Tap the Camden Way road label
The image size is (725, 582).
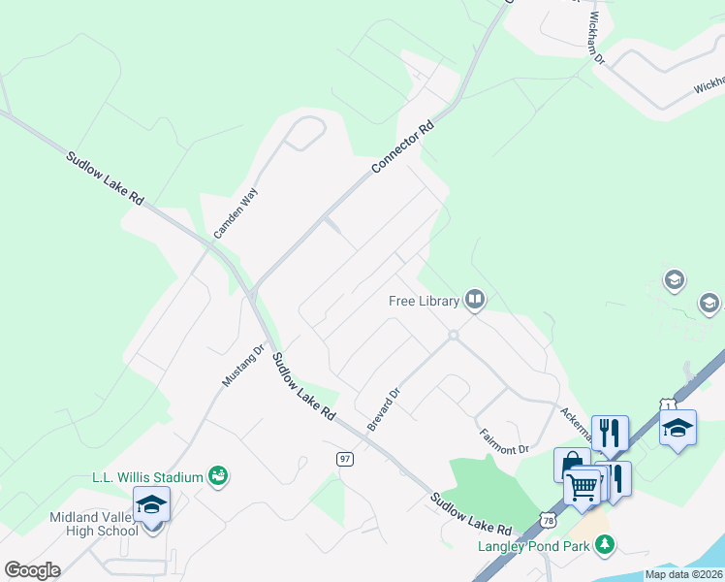237,214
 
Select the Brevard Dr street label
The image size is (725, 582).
384,410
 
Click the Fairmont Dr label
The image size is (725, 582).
503,436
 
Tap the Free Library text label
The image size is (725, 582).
424,301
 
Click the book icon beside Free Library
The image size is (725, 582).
474,299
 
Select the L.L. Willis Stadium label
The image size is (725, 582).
147,476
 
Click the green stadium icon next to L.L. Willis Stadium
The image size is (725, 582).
219,475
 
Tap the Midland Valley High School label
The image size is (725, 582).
94,524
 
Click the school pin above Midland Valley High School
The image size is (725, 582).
151,504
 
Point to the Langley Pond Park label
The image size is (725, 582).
535,545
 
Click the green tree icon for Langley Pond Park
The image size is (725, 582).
606,545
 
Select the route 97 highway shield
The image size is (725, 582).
344,459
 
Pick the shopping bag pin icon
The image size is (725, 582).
572,463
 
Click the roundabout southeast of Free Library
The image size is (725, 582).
452,336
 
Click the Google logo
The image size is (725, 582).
32,570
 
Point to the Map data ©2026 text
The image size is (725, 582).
683,574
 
